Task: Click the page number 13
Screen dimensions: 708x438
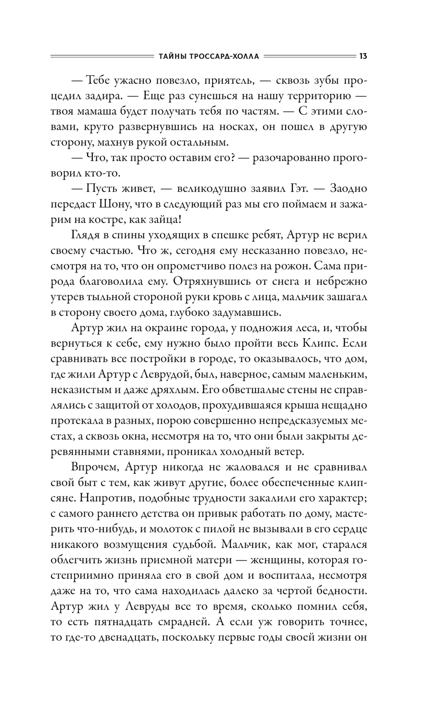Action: click(x=363, y=56)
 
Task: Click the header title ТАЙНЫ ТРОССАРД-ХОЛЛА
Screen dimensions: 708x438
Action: click(x=207, y=57)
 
